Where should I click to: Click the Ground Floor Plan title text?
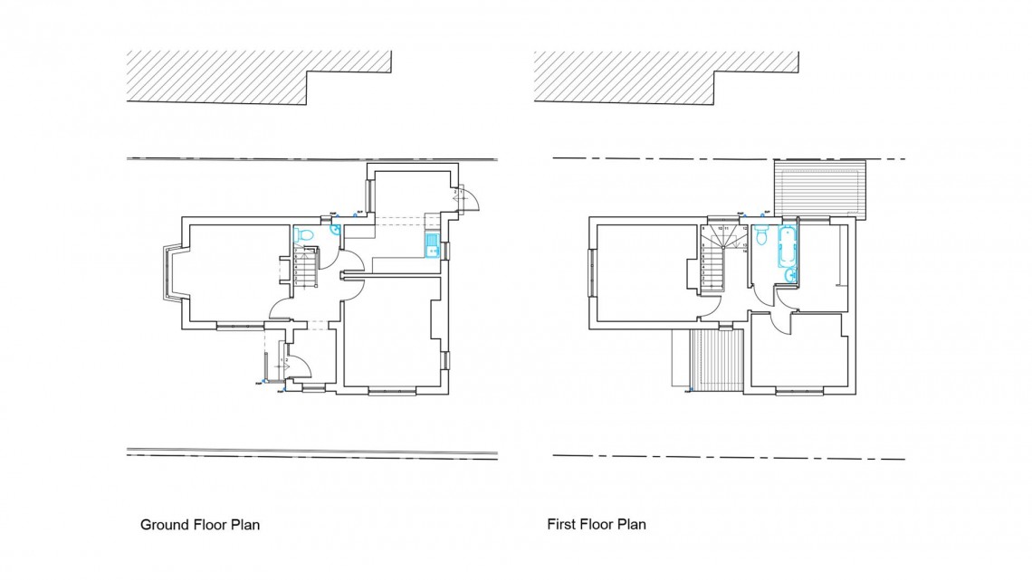199,525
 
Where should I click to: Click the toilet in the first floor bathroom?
761,235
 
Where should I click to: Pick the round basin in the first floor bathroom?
790,273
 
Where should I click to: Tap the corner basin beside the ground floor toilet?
335,230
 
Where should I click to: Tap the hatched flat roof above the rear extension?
821,189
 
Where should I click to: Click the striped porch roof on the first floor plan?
716,360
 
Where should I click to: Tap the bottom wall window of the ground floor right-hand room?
392,391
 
